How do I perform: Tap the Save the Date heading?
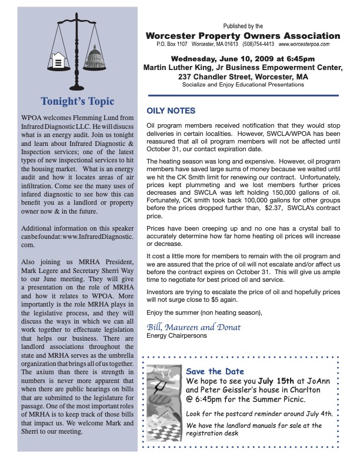(212, 371)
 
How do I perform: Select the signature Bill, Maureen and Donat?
(194, 327)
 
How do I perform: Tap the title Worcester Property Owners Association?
(243, 36)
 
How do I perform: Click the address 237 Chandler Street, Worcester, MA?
(243, 76)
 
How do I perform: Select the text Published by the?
(243, 26)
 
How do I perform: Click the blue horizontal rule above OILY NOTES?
(243, 95)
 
